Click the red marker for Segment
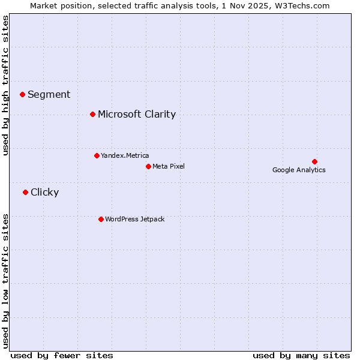pos(22,94)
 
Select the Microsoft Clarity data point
pos(92,114)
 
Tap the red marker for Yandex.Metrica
pos(97,155)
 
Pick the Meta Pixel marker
pos(148,166)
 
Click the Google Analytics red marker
pos(314,161)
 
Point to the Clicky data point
pos(25,192)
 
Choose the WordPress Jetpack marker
pos(101,219)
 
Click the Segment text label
pos(49,94)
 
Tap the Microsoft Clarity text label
pos(137,114)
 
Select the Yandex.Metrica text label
pos(125,155)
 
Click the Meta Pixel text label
pos(169,166)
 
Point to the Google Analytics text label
pos(299,170)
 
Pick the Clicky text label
pos(44,192)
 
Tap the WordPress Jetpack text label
pos(134,219)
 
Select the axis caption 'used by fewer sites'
pos(62,355)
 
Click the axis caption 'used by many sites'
pos(301,355)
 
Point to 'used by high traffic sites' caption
pos(6,85)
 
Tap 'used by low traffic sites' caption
pos(6,280)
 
